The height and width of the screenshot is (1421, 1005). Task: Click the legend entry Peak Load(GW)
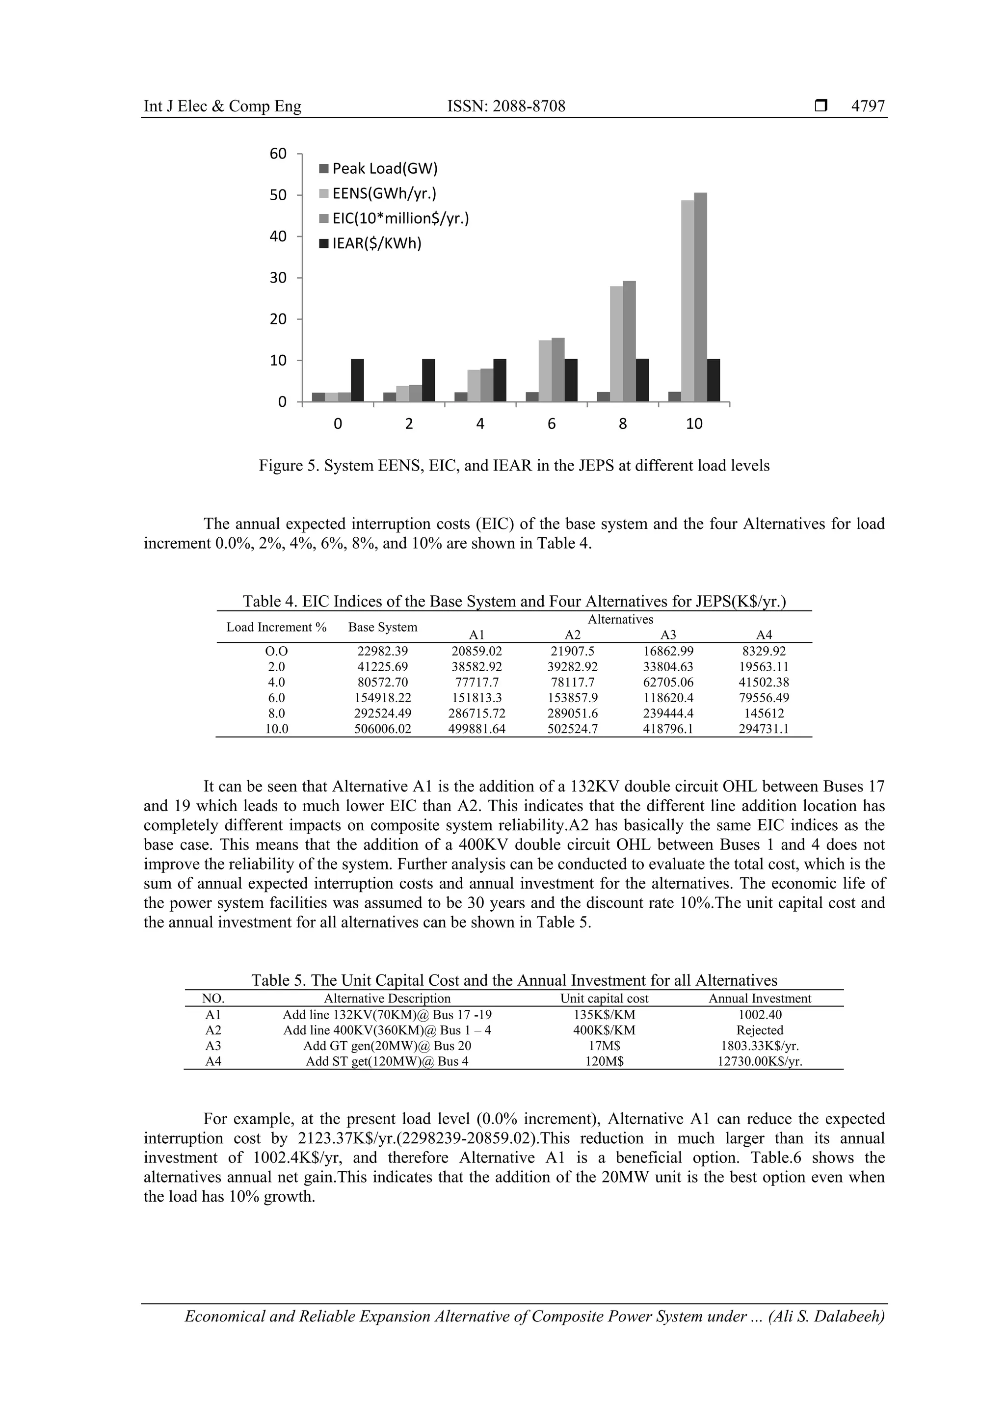click(384, 168)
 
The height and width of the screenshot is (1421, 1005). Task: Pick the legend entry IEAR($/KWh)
click(376, 243)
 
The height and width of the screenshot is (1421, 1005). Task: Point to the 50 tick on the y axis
click(278, 195)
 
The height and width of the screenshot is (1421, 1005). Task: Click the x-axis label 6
click(552, 424)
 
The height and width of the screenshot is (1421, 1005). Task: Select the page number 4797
click(868, 106)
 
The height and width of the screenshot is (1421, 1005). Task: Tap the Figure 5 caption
click(514, 466)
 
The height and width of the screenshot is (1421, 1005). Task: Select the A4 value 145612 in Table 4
click(764, 713)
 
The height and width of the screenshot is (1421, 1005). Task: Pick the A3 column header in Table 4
click(668, 635)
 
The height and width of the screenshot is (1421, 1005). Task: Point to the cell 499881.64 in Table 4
click(476, 729)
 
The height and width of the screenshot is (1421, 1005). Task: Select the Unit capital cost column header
click(604, 999)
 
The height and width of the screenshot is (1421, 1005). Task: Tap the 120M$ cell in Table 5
click(604, 1061)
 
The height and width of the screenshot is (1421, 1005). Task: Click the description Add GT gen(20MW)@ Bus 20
click(387, 1046)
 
